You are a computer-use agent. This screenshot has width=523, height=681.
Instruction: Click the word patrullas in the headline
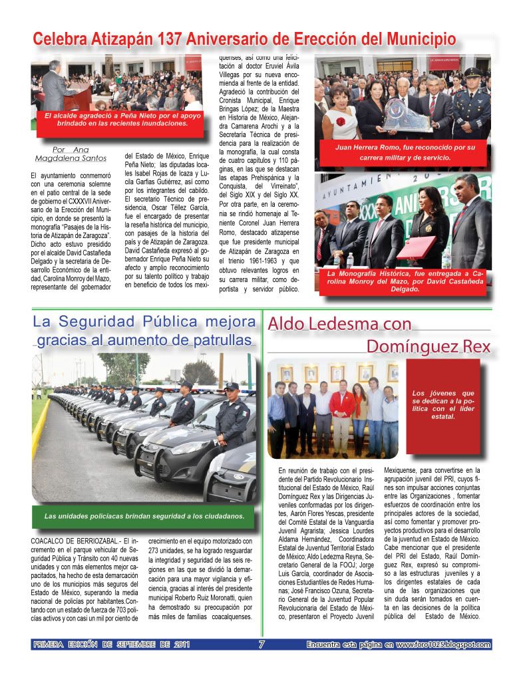point(220,340)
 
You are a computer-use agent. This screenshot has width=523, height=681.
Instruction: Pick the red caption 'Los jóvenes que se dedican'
point(442,404)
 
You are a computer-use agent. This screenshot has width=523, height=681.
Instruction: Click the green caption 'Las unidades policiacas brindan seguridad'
point(144,516)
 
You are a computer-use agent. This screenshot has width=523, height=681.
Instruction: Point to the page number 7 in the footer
point(261,644)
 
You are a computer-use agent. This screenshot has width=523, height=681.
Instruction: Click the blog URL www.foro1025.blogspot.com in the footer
point(443,644)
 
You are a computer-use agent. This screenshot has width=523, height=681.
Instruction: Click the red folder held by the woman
point(416,247)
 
